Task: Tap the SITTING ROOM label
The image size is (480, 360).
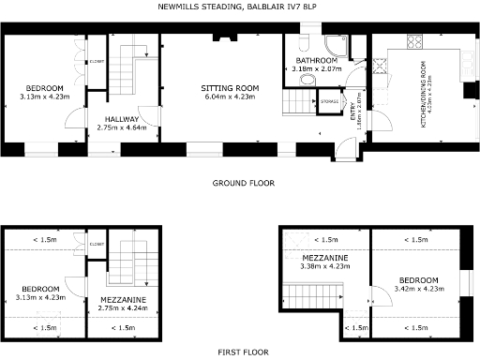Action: click(231, 87)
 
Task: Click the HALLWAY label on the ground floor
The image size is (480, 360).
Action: click(122, 119)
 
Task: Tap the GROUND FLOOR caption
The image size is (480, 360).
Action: click(243, 183)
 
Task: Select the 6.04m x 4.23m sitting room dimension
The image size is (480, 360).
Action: click(231, 96)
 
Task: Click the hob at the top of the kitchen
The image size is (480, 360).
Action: click(412, 42)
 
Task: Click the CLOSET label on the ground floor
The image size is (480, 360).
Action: click(97, 63)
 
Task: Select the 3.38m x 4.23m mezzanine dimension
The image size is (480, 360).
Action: click(325, 266)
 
